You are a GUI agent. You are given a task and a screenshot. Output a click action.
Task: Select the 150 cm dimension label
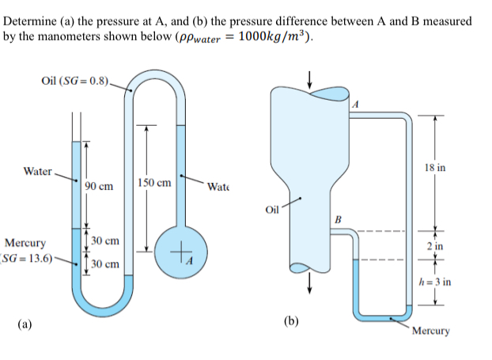(153, 183)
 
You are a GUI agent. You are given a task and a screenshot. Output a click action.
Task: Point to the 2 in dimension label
(434, 247)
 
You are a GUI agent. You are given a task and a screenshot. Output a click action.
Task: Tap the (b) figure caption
(292, 320)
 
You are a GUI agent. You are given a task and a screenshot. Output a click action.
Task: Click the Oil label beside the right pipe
(273, 210)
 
